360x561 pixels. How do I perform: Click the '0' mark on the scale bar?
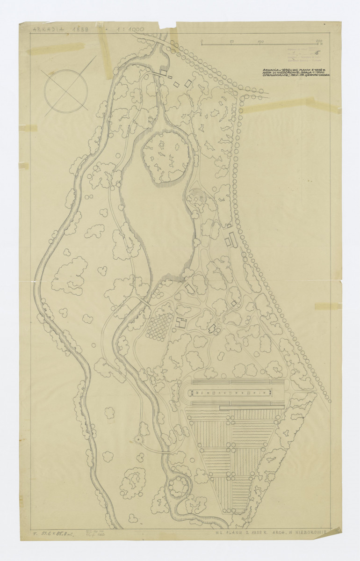[202, 42]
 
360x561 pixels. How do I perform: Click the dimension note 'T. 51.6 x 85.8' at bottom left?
[54, 533]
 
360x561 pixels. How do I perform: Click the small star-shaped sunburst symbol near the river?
[138, 439]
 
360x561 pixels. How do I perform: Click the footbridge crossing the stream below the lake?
[144, 301]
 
